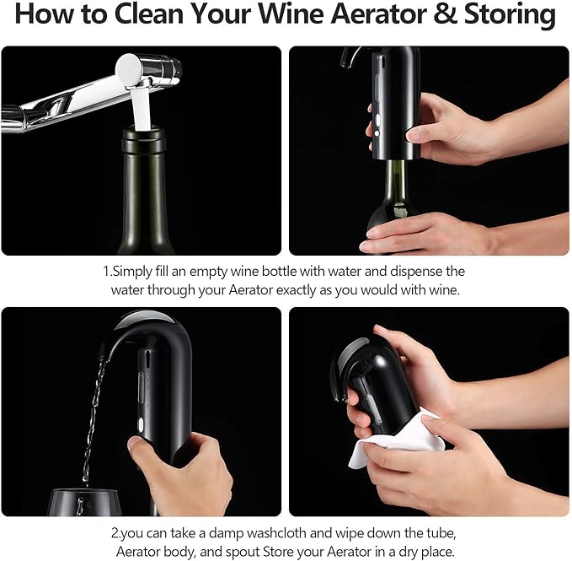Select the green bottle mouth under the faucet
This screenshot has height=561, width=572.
148,139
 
